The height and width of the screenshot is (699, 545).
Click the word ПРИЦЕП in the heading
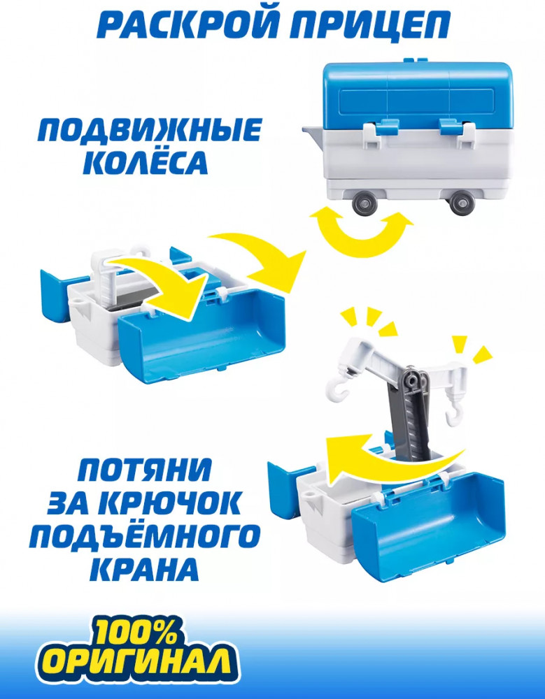370,25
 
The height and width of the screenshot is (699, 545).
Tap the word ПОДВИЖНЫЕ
150,130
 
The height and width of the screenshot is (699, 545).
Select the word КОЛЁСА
146,162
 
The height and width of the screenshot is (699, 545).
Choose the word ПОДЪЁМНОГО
145,536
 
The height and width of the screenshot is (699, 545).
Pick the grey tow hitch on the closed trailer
315,134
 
